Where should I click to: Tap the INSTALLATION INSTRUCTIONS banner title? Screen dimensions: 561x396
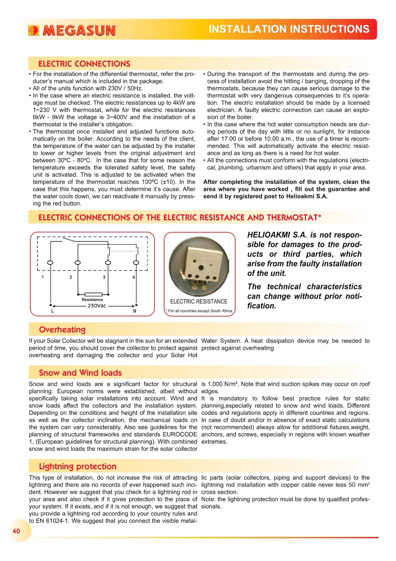tap(289, 29)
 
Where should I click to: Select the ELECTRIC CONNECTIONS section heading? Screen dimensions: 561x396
tap(84, 64)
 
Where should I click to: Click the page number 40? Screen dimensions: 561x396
tap(16, 531)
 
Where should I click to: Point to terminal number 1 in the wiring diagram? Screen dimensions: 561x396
tap(43, 277)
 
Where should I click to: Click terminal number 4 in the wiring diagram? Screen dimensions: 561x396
tap(133, 277)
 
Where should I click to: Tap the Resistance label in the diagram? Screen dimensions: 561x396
tap(92, 299)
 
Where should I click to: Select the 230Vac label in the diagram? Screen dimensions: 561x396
tap(97, 306)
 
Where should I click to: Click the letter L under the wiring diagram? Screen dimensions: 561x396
tap(53, 311)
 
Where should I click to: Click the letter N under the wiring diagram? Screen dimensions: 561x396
tap(134, 311)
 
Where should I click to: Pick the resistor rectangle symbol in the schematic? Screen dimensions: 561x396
tap(93, 295)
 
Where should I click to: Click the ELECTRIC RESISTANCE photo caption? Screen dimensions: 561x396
tap(199, 302)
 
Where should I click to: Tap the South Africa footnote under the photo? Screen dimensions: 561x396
tap(200, 311)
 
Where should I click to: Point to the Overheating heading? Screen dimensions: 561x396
tap(62, 330)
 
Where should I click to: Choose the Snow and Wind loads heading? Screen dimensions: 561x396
tap(80, 373)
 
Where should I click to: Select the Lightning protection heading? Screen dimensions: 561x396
tap(77, 466)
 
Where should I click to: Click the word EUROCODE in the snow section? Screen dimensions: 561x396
tap(180, 434)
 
